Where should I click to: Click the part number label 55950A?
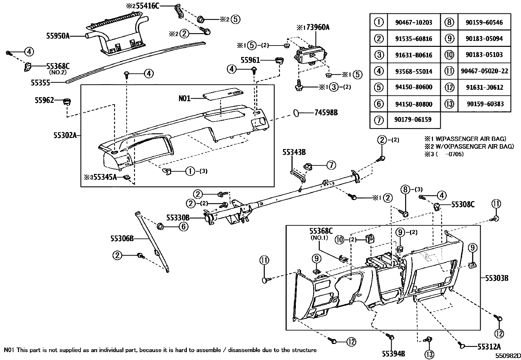tap(58, 36)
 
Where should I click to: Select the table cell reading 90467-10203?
tap(414, 22)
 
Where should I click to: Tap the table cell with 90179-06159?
tap(414, 120)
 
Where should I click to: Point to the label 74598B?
tap(326, 113)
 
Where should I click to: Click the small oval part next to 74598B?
tap(296, 113)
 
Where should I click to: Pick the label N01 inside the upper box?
tap(185, 98)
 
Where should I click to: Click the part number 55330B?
tap(178, 218)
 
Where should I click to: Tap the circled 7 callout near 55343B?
tap(331, 165)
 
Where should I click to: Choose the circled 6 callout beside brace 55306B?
tap(183, 226)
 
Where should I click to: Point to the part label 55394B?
tap(393, 353)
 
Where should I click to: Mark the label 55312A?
tap(489, 347)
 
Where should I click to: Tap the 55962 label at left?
tap(44, 100)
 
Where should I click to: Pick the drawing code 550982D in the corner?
tap(507, 356)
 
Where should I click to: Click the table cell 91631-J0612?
tap(485, 87)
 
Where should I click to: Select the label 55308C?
tap(463, 205)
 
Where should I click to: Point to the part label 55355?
tap(41, 83)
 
